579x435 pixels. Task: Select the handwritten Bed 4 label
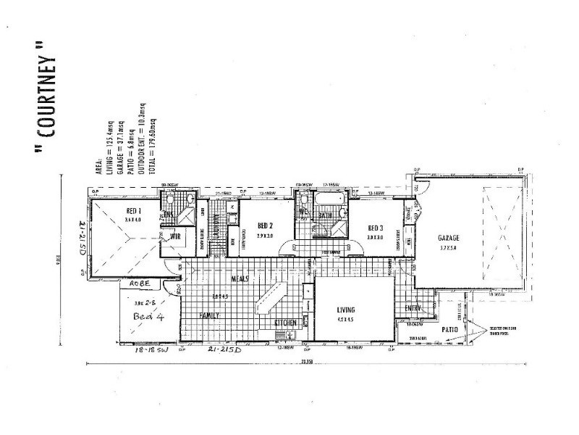[x=150, y=316]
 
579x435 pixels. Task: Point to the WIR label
[x=175, y=236]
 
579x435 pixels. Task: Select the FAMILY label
[x=209, y=315]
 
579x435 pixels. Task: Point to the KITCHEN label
[x=285, y=322]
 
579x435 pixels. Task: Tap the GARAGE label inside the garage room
[x=449, y=238]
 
